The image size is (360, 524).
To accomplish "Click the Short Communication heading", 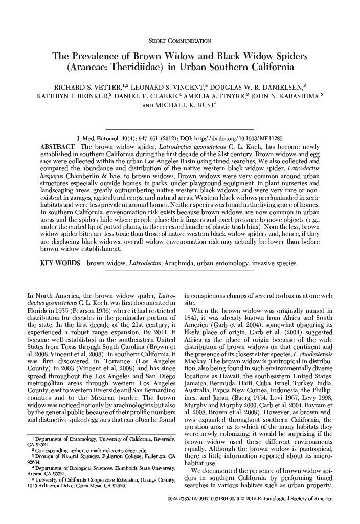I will [179, 40].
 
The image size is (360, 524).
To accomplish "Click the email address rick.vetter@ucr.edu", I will [118, 450].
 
